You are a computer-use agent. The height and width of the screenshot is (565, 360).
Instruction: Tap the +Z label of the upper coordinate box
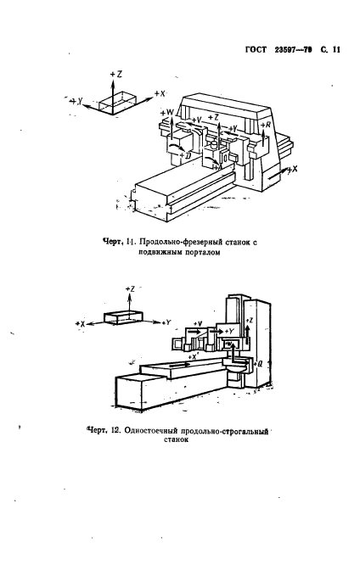point(116,75)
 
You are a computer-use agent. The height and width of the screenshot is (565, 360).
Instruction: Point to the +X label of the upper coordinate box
point(159,92)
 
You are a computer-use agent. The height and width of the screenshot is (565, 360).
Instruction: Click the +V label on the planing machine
point(197,323)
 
